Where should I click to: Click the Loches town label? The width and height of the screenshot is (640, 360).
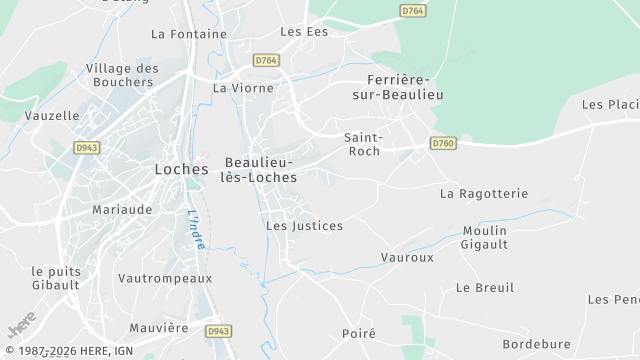click(181, 169)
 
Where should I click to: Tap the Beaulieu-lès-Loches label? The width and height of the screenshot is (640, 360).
click(260, 169)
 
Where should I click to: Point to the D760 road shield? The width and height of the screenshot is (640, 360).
click(443, 144)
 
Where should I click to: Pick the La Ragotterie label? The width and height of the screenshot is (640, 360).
click(484, 193)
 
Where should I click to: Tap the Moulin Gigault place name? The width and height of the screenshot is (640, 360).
click(486, 237)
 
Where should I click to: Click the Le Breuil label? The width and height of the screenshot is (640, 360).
click(485, 287)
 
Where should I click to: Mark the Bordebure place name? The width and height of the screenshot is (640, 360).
click(536, 344)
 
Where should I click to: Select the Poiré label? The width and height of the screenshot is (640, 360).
click(358, 334)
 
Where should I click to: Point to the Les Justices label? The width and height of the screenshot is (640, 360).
click(304, 226)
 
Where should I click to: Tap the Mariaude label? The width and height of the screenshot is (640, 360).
click(122, 210)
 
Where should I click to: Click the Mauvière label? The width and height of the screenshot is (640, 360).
click(159, 327)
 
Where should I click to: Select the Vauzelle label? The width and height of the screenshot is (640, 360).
click(52, 115)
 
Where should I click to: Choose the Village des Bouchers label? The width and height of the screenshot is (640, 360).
click(122, 75)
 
